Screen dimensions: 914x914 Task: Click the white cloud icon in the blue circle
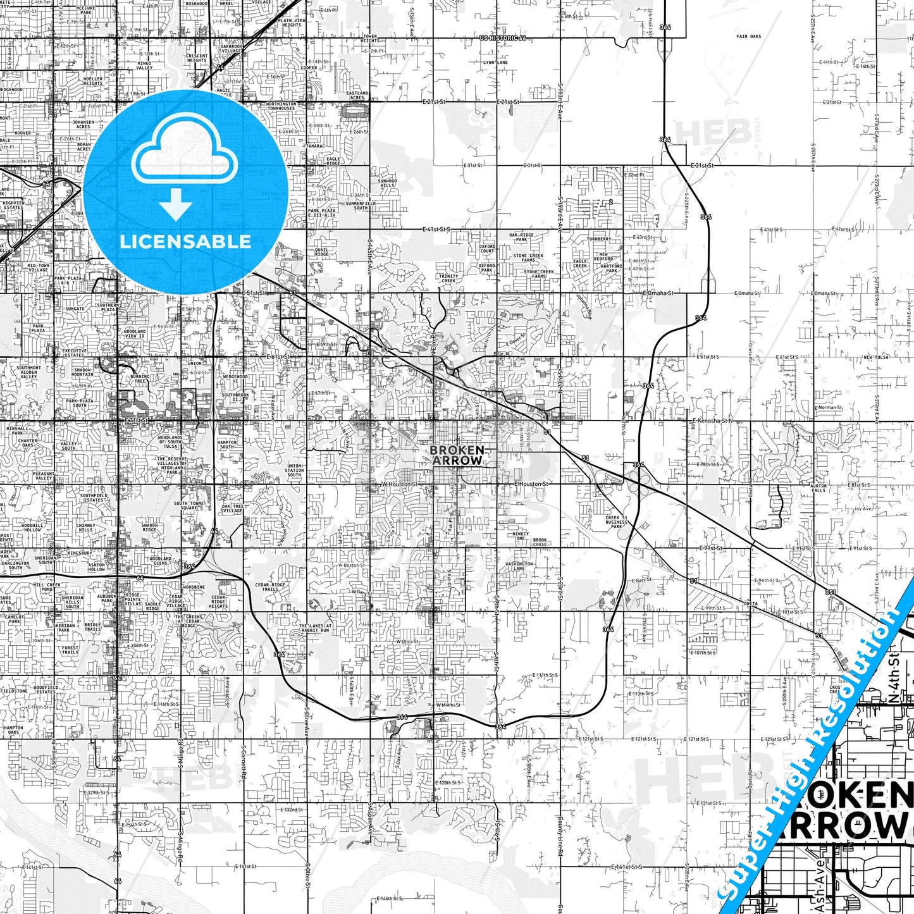pos(185,152)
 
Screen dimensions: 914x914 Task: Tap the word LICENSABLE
pos(185,242)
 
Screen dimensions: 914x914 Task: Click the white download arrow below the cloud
pos(176,204)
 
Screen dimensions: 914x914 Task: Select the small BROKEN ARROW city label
pos(457,455)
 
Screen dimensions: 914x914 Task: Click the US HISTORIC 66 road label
pos(503,39)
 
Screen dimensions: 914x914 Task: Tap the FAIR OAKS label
pos(748,37)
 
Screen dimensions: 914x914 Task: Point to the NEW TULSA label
pos(876,357)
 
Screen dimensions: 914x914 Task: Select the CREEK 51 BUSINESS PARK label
pos(616,522)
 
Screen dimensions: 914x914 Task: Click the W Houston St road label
pos(399,484)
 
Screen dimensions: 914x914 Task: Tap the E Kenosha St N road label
pos(712,421)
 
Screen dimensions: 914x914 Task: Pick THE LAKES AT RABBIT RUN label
pos(315,628)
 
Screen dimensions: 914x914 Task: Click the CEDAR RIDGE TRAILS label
pos(270,587)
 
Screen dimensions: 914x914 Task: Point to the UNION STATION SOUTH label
pos(294,471)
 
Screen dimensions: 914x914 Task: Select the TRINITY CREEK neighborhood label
pos(448,278)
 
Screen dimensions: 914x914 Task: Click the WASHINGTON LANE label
pos(519,566)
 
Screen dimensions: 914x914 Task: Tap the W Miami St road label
pos(447,705)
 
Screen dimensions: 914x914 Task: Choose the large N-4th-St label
pos(894,679)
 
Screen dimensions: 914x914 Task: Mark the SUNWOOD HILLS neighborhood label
pos(387,183)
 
